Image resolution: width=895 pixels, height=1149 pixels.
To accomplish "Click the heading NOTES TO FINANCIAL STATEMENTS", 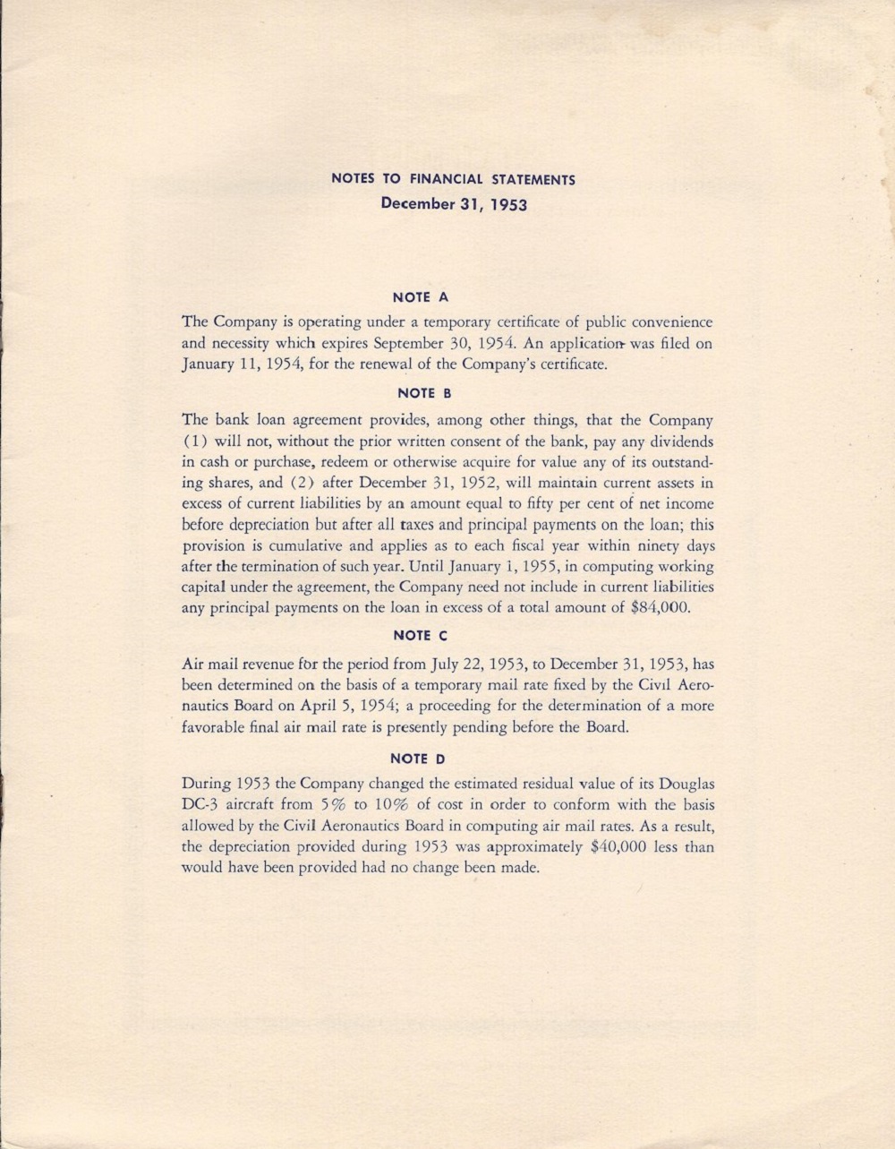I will click(453, 179).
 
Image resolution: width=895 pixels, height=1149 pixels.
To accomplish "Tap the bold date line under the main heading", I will click(454, 203).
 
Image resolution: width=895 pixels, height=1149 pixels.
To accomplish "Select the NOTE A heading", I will click(420, 296).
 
